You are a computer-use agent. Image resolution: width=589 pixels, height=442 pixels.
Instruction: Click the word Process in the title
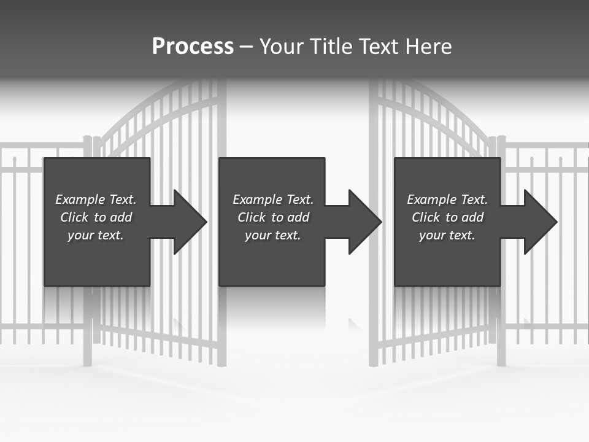click(193, 47)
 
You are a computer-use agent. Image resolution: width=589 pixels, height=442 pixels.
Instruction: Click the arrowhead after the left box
click(189, 222)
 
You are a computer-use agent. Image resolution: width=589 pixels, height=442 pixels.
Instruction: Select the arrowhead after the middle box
click(364, 222)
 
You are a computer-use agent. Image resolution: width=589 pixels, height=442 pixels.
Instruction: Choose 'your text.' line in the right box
click(447, 235)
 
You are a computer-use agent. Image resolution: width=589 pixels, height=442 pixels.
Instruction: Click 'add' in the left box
click(121, 217)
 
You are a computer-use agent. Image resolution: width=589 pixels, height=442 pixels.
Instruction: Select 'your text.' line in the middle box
click(272, 235)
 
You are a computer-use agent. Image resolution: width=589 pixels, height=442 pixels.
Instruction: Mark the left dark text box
click(97, 264)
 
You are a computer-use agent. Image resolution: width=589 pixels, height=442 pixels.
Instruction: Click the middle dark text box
click(272, 264)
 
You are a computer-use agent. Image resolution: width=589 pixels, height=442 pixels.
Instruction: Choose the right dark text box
click(447, 264)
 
